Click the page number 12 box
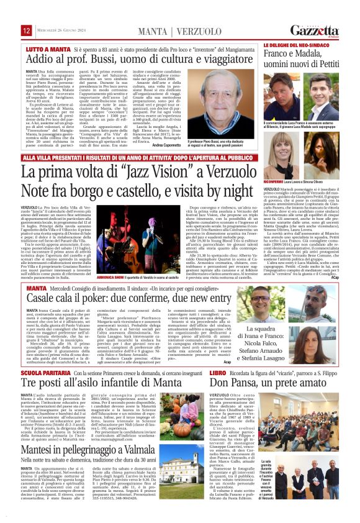point(26,30)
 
